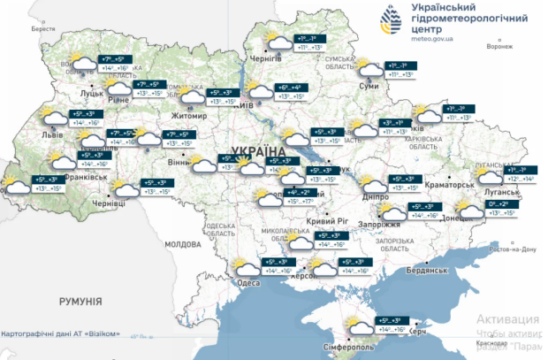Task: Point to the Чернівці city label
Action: click(x=110, y=203)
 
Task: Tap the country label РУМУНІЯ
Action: click(x=81, y=302)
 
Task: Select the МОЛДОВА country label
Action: click(x=183, y=243)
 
